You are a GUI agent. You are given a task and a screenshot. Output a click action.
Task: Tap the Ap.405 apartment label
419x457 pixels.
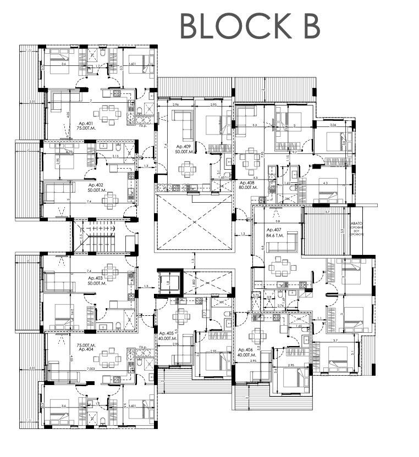[168, 336]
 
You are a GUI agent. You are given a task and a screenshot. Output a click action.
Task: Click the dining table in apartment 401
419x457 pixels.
[108, 115]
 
